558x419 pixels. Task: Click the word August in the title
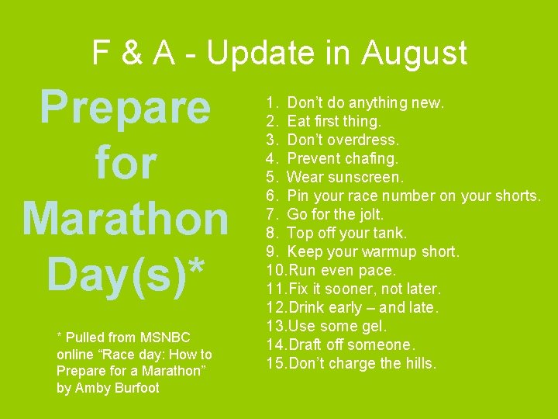click(415, 53)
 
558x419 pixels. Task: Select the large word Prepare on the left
click(125, 109)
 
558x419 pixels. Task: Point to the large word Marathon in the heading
click(125, 219)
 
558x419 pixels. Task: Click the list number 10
click(275, 270)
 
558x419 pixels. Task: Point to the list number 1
click(271, 102)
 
